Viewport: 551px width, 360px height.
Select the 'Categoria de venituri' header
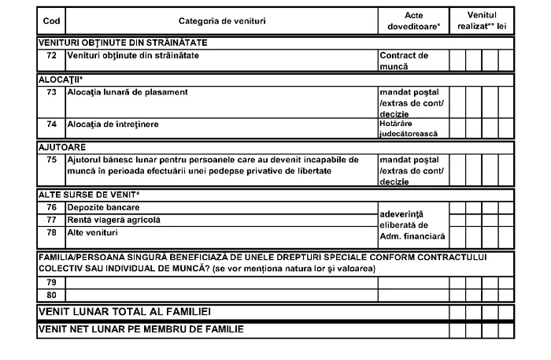click(x=214, y=20)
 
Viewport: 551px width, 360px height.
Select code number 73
click(x=50, y=91)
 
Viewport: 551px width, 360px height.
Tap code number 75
click(x=50, y=159)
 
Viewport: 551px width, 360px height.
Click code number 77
click(x=50, y=220)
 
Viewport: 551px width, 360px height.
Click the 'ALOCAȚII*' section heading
click(x=55, y=79)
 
